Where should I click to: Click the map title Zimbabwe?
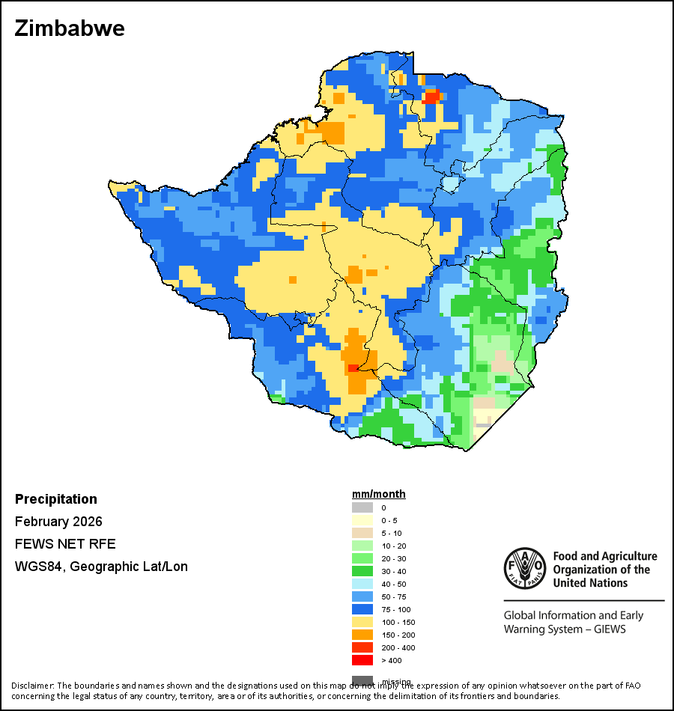click(x=70, y=29)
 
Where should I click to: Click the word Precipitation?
click(x=56, y=499)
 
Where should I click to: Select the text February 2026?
click(x=58, y=522)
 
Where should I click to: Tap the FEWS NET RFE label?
click(x=65, y=544)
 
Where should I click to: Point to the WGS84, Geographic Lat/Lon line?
click(x=101, y=567)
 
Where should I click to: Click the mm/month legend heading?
click(x=379, y=494)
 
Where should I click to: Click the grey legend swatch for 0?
click(x=362, y=507)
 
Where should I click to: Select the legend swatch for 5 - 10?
click(x=362, y=533)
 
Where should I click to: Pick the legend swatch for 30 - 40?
click(x=362, y=571)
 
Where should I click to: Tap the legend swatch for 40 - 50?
click(x=362, y=584)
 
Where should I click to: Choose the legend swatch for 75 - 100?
click(x=362, y=609)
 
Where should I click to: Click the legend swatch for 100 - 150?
click(x=362, y=622)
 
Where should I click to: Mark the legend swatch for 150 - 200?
click(x=362, y=635)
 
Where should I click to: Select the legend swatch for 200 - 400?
click(x=362, y=647)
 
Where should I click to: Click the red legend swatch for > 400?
click(x=362, y=660)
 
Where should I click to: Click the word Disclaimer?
click(x=32, y=686)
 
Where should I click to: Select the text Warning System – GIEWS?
click(x=565, y=629)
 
